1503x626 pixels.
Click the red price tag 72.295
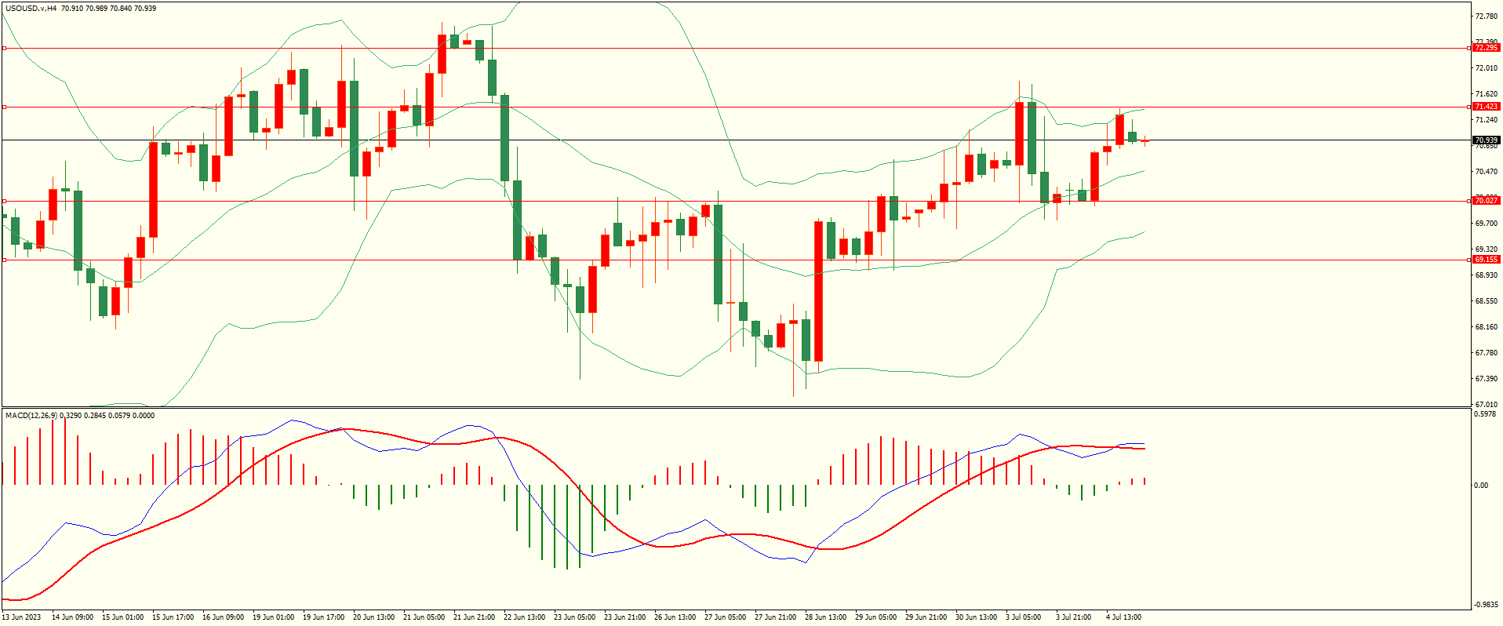point(1486,48)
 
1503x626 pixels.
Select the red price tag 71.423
point(1486,107)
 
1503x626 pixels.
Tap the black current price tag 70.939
point(1486,140)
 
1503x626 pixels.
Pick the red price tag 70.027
point(1486,201)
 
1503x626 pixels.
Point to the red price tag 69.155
point(1486,260)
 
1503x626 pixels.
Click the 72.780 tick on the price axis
point(1486,16)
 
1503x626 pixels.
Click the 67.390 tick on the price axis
point(1486,379)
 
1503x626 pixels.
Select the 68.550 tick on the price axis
point(1486,301)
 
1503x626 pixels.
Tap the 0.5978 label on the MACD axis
point(1486,414)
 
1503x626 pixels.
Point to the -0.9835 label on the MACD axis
point(1486,605)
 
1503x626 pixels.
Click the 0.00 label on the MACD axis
point(1481,486)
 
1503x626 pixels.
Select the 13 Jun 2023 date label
point(21,617)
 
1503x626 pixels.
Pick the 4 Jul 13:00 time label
point(1123,617)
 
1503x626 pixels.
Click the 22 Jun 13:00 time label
point(524,617)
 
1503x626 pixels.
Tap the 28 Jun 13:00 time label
point(825,617)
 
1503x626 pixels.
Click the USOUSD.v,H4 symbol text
point(31,9)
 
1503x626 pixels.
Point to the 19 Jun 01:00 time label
point(273,617)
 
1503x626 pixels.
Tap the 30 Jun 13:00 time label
point(976,617)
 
